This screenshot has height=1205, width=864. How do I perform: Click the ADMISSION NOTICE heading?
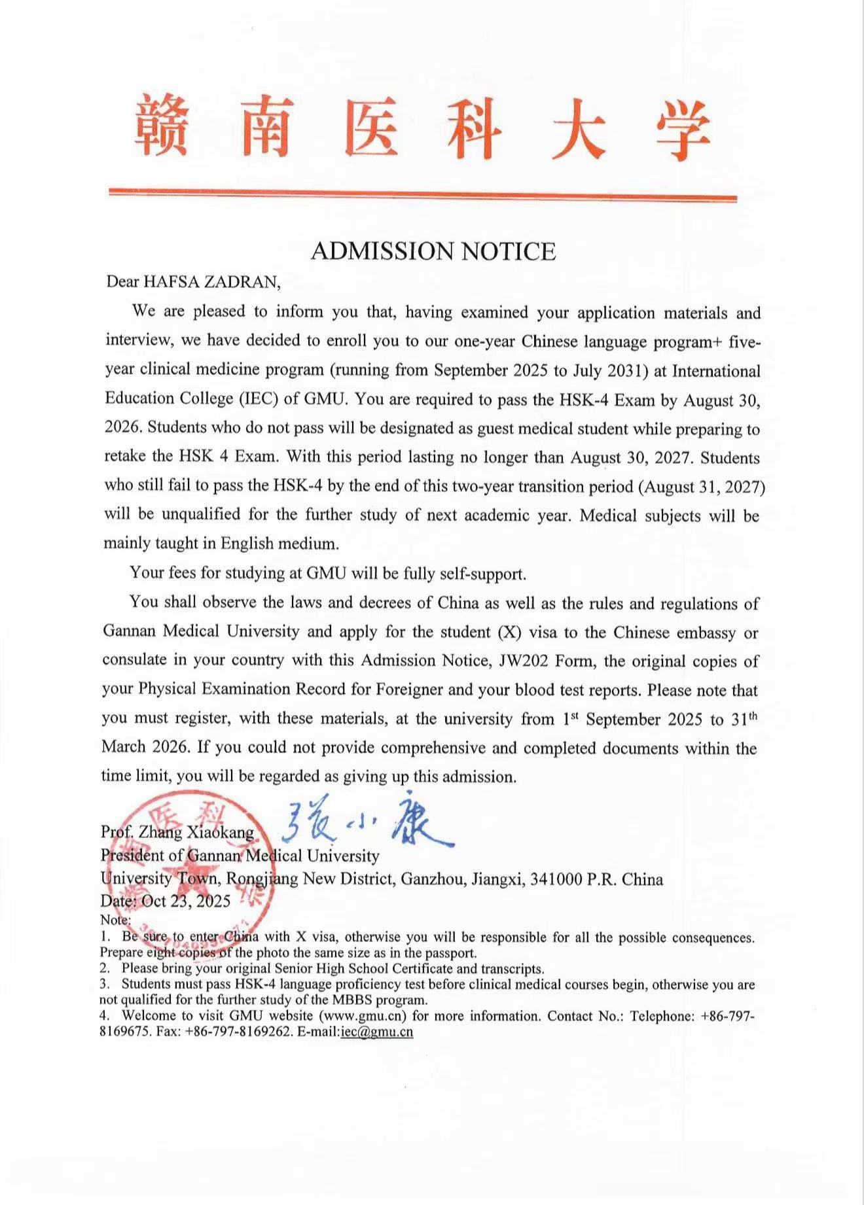click(433, 251)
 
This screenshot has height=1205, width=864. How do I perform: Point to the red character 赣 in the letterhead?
click(162, 126)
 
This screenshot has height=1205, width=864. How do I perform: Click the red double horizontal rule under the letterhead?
click(422, 194)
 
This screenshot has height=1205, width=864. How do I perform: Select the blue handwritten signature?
click(367, 824)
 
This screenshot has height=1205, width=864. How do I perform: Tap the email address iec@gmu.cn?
click(377, 1032)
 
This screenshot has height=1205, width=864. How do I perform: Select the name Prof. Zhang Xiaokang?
click(177, 832)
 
